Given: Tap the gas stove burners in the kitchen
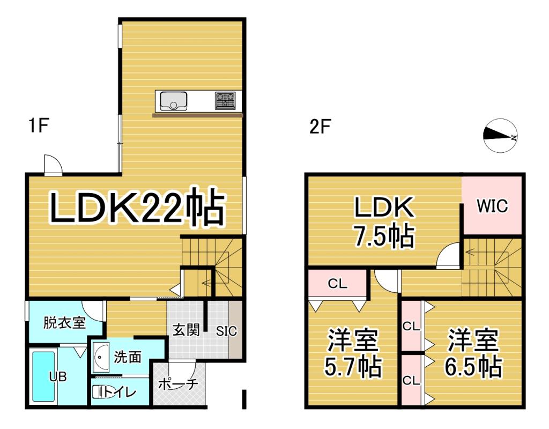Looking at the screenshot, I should [x=225, y=100].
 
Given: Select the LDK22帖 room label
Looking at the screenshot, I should [x=137, y=208].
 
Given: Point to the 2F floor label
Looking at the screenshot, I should [x=320, y=128].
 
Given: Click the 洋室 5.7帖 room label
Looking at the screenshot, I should [x=353, y=353].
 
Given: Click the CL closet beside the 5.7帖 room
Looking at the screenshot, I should [x=338, y=284].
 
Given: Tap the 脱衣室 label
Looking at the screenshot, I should [x=64, y=323].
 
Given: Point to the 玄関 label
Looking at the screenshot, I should [x=186, y=329].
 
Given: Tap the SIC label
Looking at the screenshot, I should [x=226, y=331].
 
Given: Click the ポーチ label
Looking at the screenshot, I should [x=179, y=384].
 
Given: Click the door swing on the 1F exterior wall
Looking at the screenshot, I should [x=53, y=165].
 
